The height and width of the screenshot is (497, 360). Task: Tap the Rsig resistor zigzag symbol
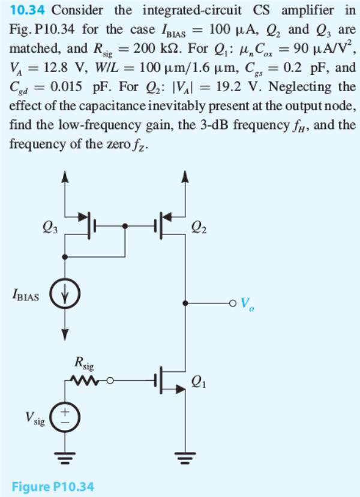[x=86, y=379]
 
